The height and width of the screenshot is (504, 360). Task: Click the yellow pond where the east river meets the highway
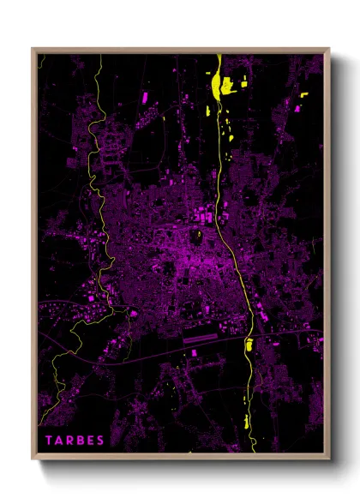point(249,346)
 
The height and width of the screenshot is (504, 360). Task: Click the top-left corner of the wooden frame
point(33,49)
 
